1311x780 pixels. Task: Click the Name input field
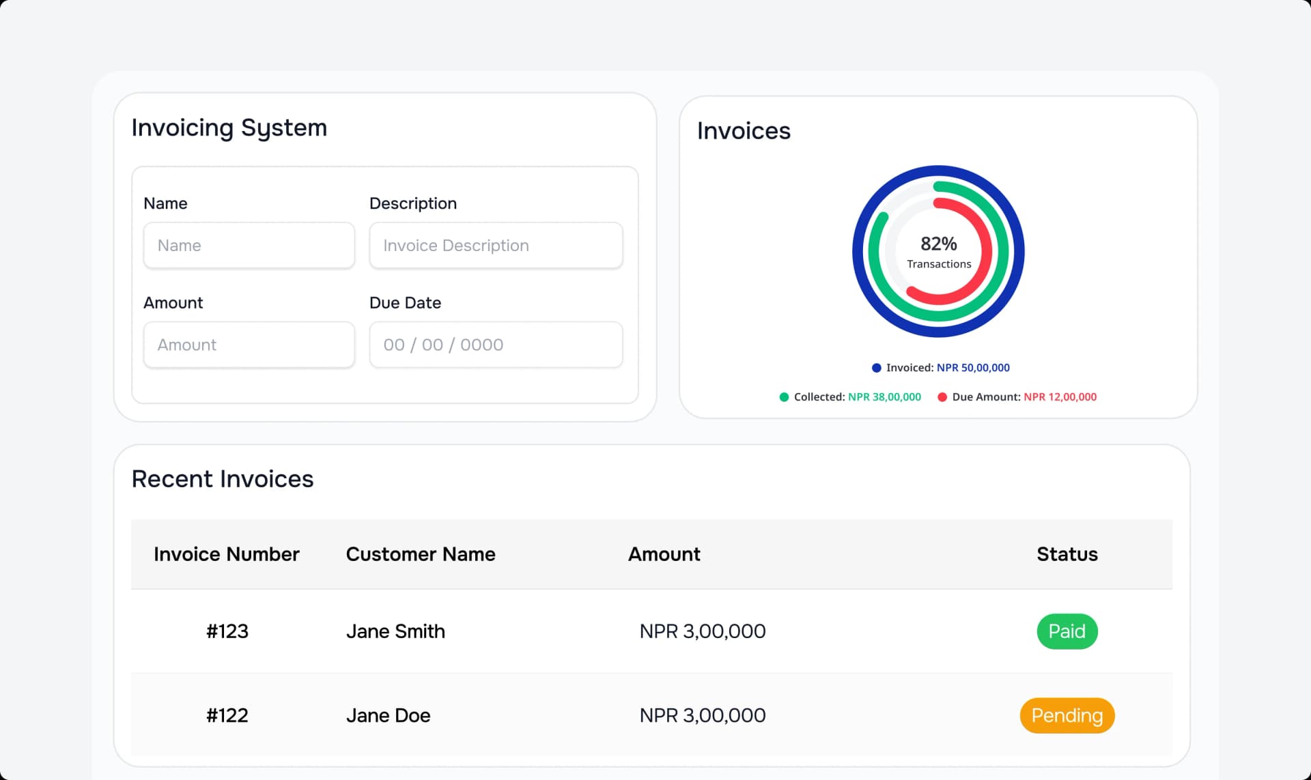pyautogui.click(x=249, y=246)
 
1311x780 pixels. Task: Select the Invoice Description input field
pyautogui.click(x=496, y=246)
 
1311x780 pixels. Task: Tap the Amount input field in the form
pyautogui.click(x=249, y=345)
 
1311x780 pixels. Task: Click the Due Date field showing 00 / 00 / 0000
pyautogui.click(x=496, y=345)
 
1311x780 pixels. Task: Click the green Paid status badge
pyautogui.click(x=1067, y=631)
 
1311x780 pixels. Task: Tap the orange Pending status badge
pyautogui.click(x=1067, y=715)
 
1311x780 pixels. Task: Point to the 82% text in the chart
pyautogui.click(x=938, y=244)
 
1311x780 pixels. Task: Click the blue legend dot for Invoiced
pyautogui.click(x=876, y=368)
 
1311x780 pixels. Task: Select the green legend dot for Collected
pyautogui.click(x=784, y=397)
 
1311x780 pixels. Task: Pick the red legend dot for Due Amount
pyautogui.click(x=942, y=397)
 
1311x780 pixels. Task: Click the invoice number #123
pyautogui.click(x=227, y=631)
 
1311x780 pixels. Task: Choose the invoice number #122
pyautogui.click(x=227, y=715)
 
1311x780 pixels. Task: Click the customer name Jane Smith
pyautogui.click(x=395, y=631)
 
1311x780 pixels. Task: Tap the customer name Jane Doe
pyautogui.click(x=388, y=715)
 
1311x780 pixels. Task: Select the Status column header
pyautogui.click(x=1067, y=554)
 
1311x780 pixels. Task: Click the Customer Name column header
pyautogui.click(x=421, y=554)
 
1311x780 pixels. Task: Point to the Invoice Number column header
pyautogui.click(x=227, y=554)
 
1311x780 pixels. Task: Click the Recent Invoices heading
pyautogui.click(x=223, y=479)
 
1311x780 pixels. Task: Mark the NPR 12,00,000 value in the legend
pyautogui.click(x=1060, y=397)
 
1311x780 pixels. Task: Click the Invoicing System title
pyautogui.click(x=229, y=128)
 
